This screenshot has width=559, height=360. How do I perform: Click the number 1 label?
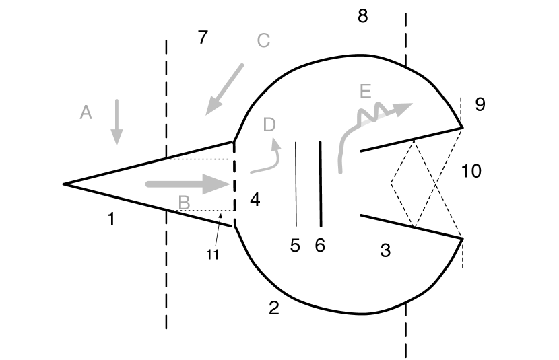(111, 218)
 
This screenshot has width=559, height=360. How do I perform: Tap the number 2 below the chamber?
(273, 308)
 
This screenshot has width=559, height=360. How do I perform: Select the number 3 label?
(385, 251)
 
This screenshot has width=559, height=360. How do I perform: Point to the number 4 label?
(254, 199)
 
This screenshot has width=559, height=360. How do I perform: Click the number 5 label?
(294, 246)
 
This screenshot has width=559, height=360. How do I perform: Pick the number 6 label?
(320, 246)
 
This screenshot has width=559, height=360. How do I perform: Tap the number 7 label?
(203, 38)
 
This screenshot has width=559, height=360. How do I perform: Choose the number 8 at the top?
(363, 16)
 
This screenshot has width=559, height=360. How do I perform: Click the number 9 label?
(480, 104)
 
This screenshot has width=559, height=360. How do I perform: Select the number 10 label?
(471, 171)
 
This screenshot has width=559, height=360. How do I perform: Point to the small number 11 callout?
(213, 254)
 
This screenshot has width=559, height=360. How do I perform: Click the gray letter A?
(86, 112)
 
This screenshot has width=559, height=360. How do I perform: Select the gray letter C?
(263, 40)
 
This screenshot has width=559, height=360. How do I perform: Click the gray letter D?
(269, 124)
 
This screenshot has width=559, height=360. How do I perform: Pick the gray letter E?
(365, 92)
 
